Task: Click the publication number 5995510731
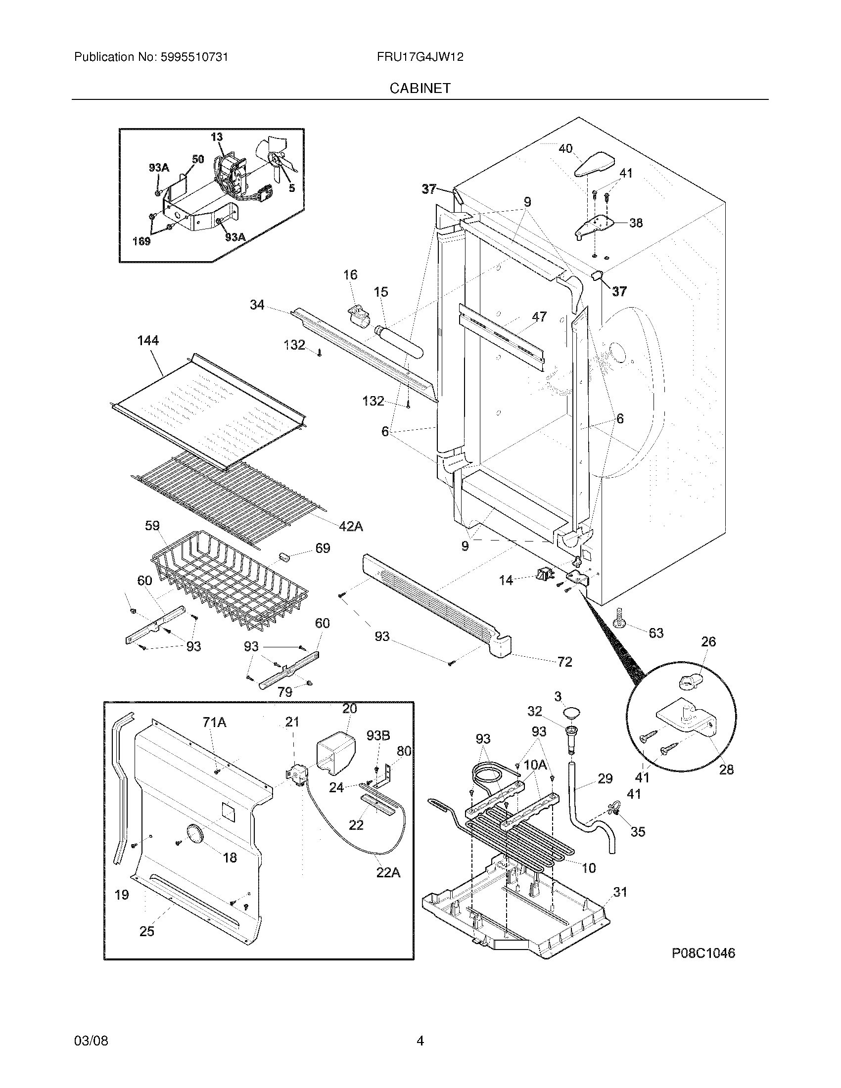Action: [x=194, y=57]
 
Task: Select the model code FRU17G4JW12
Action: [x=420, y=57]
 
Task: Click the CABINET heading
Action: [x=420, y=88]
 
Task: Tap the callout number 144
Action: [x=148, y=341]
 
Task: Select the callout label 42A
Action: [x=351, y=526]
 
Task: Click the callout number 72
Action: [x=564, y=662]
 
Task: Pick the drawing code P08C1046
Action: [x=703, y=953]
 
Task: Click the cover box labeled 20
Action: [x=335, y=754]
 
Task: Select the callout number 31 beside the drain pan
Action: [x=620, y=892]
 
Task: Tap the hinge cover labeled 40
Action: [x=594, y=164]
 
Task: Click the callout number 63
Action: [x=656, y=633]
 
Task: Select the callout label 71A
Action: [x=214, y=723]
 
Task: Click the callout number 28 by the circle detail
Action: [x=726, y=770]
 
